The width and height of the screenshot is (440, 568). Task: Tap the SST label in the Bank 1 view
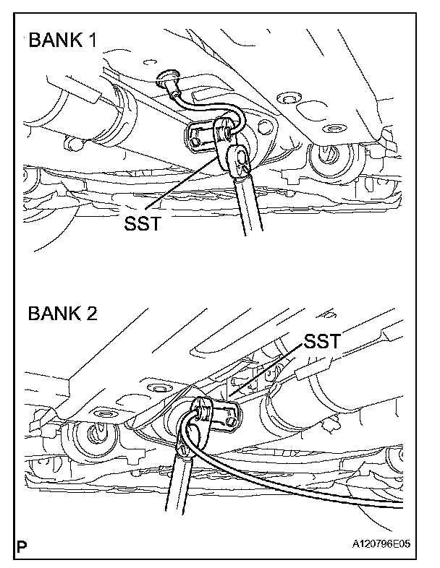(141, 223)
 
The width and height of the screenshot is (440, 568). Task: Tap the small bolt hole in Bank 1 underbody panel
(289, 96)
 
